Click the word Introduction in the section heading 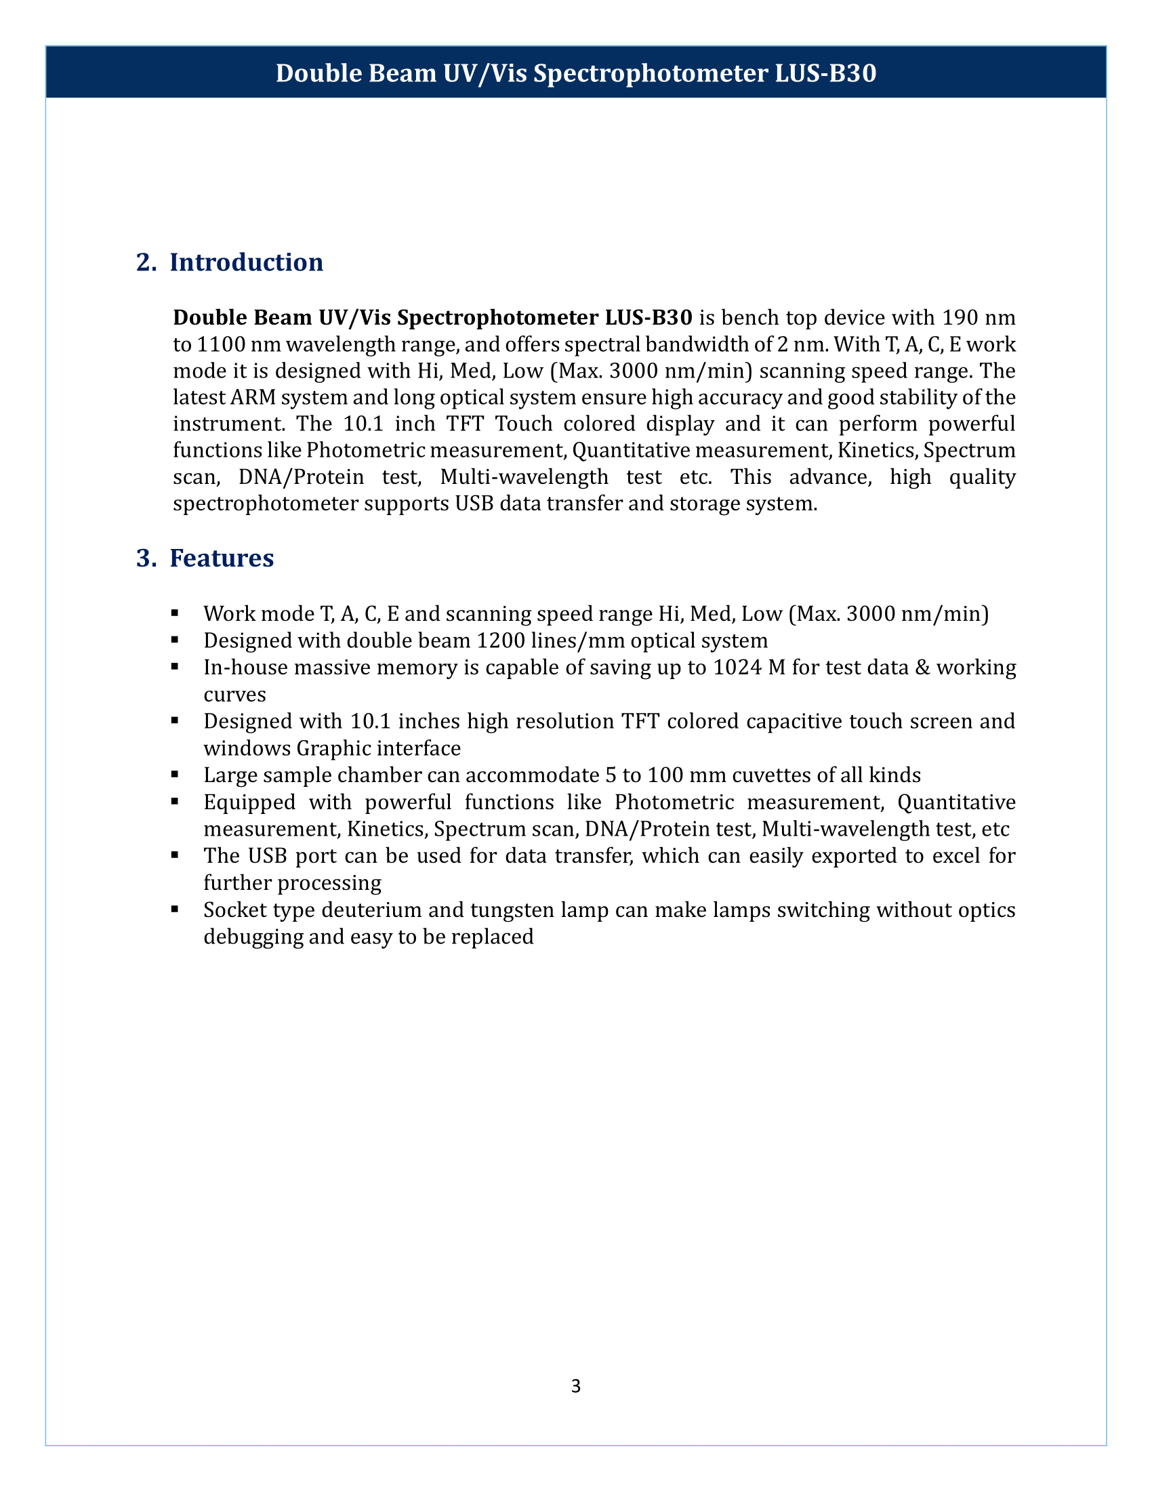click(x=247, y=263)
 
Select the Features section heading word click(x=221, y=558)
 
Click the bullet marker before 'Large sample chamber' click(x=176, y=774)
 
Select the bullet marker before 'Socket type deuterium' click(x=176, y=910)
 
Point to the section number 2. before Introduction click(x=146, y=263)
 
